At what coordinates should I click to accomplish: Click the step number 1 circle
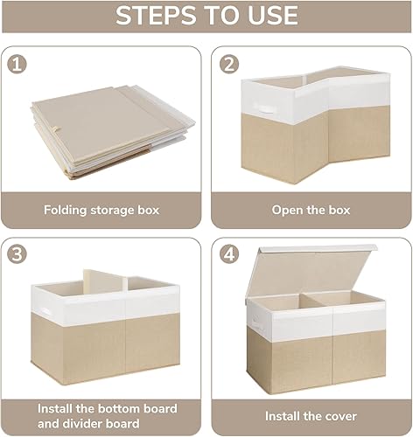pos(17,64)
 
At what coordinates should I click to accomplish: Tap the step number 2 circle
pos(230,64)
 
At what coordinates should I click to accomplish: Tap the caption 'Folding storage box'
pos(101,210)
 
